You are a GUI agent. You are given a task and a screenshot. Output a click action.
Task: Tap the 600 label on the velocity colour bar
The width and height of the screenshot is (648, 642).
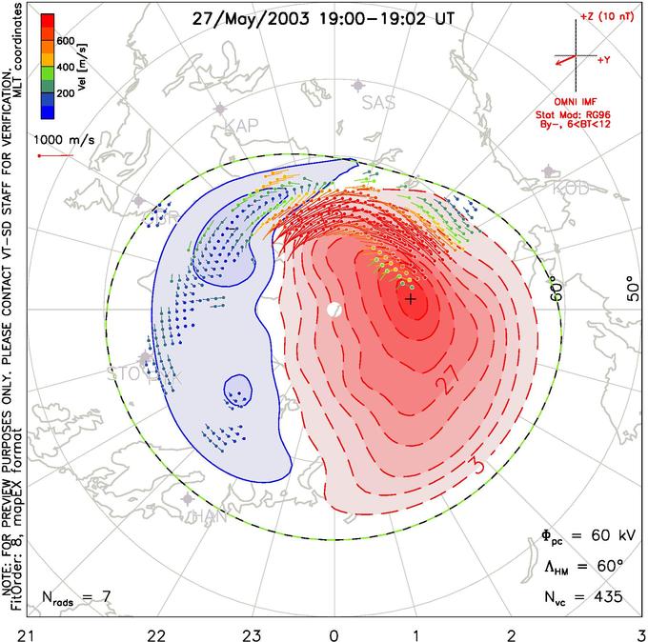pos(65,40)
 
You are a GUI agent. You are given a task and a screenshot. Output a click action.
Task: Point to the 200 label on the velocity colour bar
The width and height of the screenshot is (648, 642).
pos(65,95)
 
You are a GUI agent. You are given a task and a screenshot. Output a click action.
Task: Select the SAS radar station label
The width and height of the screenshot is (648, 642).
pos(378,103)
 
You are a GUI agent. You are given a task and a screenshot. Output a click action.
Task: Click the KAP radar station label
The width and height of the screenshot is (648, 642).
pos(242,126)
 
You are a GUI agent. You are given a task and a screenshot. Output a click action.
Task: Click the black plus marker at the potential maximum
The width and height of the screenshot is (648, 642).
pos(410,299)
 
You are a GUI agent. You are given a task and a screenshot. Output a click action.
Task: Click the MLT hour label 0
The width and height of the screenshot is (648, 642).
pos(334,632)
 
